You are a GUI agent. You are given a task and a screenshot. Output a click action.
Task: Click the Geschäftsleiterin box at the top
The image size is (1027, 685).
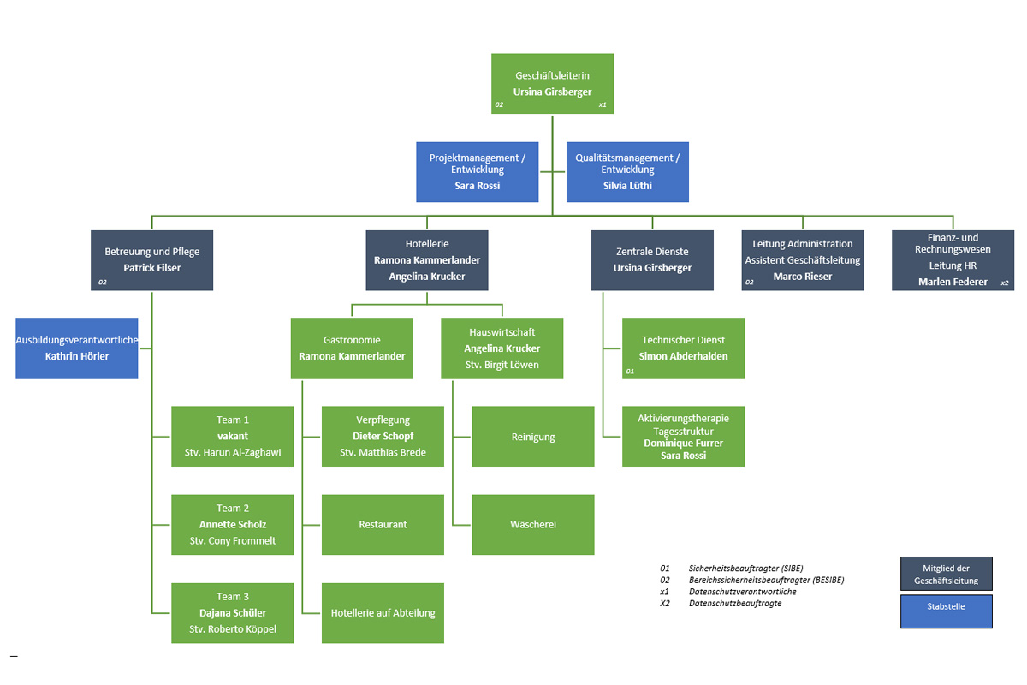(552, 83)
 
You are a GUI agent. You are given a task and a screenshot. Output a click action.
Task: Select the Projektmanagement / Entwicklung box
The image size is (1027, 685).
(477, 171)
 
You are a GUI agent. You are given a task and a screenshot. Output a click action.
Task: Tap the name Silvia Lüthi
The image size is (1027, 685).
(626, 185)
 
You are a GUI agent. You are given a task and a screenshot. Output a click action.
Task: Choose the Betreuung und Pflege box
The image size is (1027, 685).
(151, 259)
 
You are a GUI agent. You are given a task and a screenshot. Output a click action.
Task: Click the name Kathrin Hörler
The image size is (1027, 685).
(77, 356)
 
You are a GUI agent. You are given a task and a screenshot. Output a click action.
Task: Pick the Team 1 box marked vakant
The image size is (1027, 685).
(232, 436)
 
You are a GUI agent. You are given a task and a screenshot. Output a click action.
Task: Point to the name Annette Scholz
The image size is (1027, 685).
(233, 525)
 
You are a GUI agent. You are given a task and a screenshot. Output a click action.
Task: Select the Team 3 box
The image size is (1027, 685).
(232, 612)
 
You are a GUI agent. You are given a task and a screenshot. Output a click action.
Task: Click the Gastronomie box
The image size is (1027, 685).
(352, 348)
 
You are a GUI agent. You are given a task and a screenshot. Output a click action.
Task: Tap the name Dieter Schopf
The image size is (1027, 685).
(383, 436)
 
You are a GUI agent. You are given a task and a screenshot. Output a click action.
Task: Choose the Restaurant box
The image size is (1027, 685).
(383, 524)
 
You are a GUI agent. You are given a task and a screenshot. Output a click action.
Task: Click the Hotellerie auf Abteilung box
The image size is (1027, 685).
(383, 612)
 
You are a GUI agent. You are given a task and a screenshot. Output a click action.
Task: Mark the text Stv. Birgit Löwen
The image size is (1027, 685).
(502, 365)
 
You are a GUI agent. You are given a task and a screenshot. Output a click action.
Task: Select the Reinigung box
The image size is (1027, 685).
(533, 437)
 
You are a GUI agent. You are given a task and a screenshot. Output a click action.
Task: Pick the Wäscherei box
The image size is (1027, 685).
(533, 524)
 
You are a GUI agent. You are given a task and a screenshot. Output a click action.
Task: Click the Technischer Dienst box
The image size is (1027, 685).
(683, 348)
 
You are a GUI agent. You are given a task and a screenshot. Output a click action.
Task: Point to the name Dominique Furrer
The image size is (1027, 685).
(683, 444)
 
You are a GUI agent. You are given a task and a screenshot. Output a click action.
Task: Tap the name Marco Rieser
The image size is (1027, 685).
(802, 277)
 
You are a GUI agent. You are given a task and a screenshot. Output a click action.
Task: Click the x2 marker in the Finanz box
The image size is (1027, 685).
(1004, 283)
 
